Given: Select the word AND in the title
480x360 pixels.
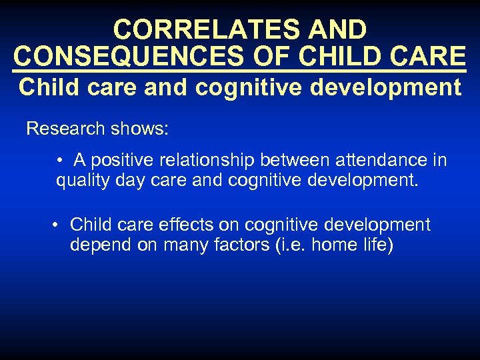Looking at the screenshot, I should coord(338,29).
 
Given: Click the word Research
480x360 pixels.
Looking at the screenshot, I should coord(60,128).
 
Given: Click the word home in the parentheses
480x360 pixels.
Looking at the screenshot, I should coord(336,245).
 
